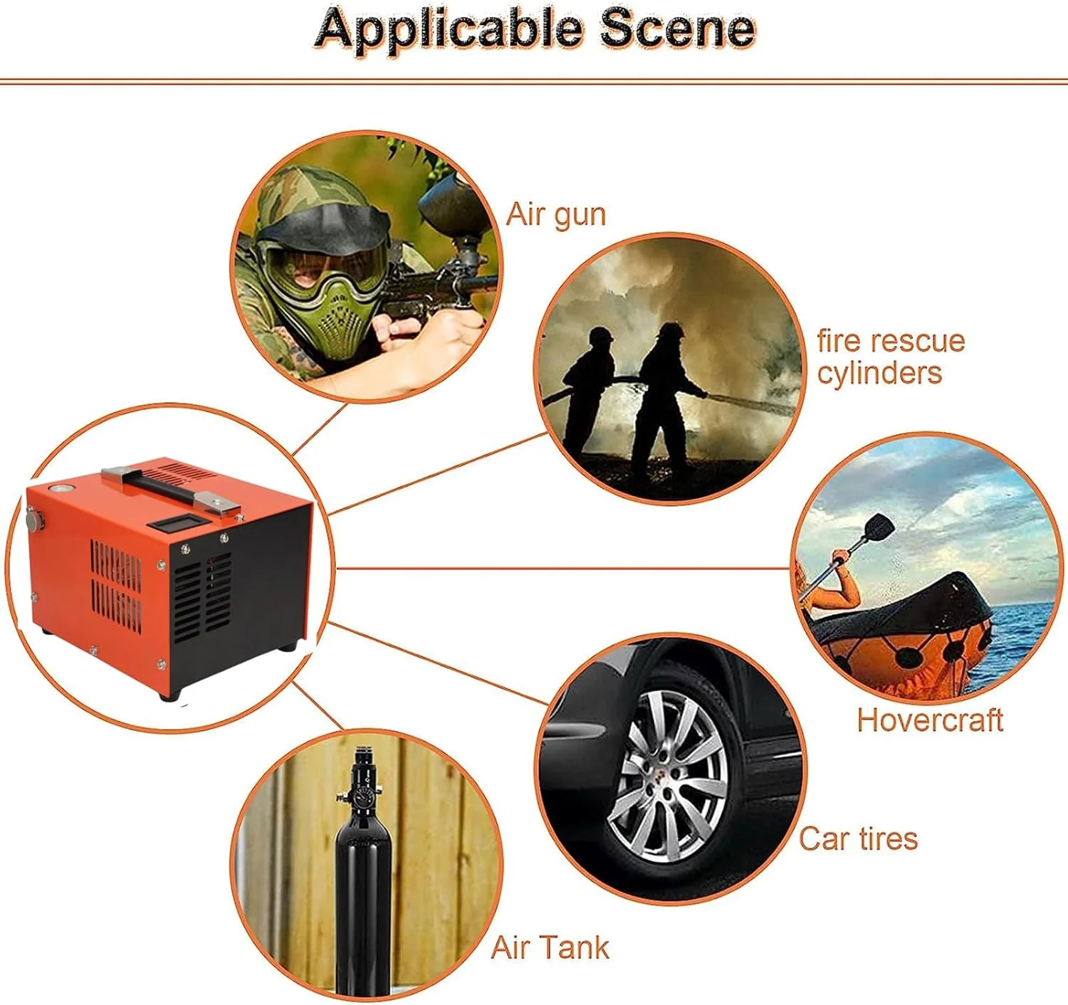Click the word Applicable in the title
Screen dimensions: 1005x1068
point(449,30)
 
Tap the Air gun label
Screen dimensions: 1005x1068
point(555,214)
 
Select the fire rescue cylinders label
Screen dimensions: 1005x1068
point(890,357)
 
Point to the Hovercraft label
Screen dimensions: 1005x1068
point(930,720)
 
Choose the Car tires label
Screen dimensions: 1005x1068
point(858,838)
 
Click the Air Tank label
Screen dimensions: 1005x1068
point(550,947)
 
